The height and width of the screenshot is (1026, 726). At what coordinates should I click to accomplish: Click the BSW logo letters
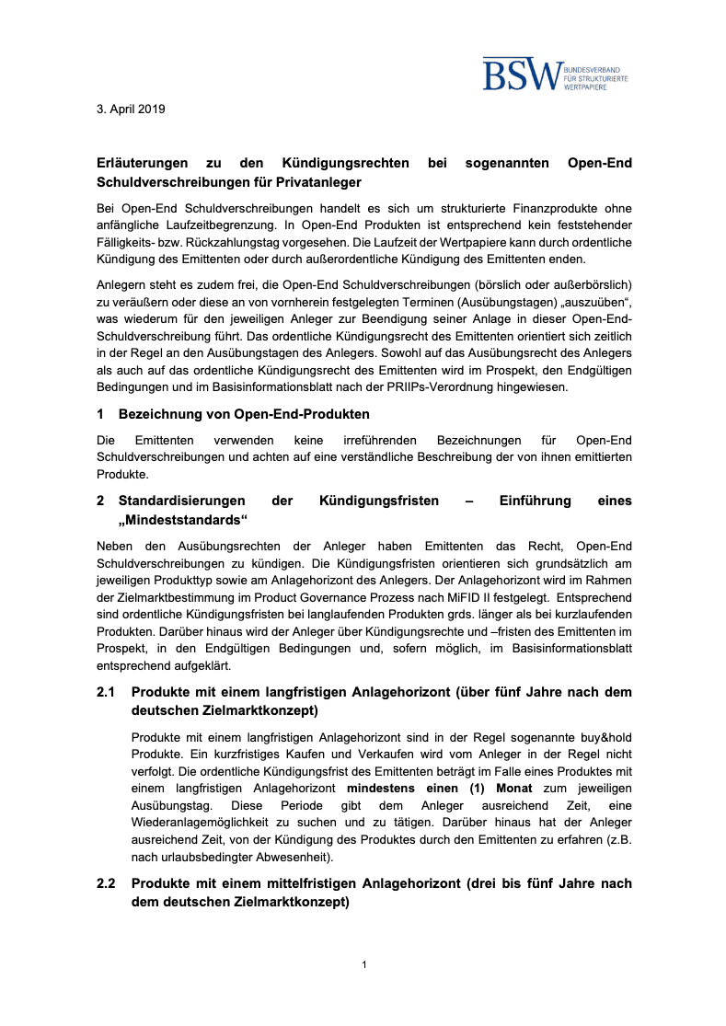[x=523, y=75]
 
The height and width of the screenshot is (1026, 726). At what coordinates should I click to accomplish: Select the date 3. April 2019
[x=131, y=109]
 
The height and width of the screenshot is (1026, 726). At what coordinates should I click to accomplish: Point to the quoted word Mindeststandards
[x=184, y=520]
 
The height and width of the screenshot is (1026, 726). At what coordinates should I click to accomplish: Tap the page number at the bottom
[x=364, y=964]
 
